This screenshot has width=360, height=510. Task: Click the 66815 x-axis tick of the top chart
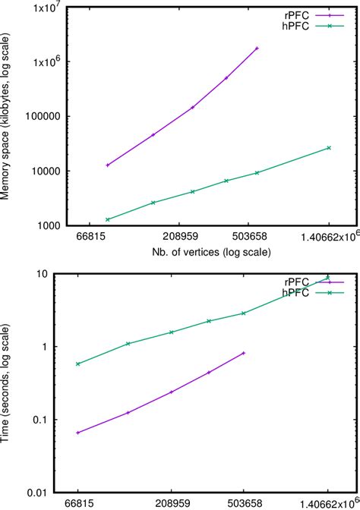coord(81,237)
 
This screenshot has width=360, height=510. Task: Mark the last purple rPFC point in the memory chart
coord(257,48)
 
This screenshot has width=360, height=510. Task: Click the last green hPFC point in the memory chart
coord(328,147)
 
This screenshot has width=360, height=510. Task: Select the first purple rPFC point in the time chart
coord(78,433)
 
